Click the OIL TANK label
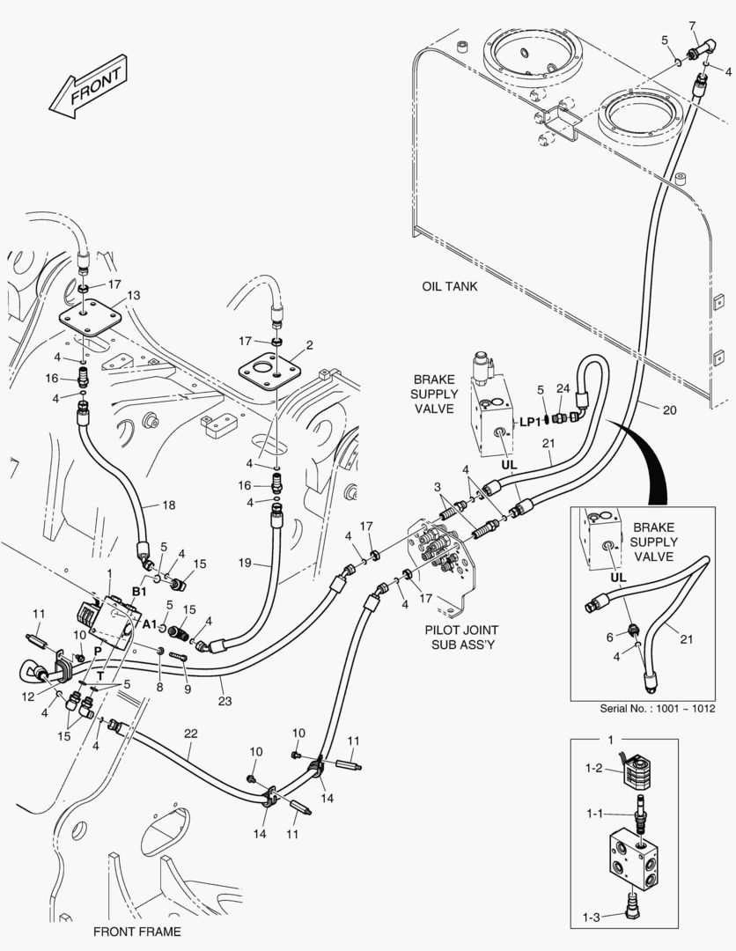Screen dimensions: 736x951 pyautogui.click(x=449, y=286)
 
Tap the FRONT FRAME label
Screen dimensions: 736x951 pyautogui.click(x=137, y=932)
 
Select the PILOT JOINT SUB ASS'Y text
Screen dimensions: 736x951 pyautogui.click(x=461, y=637)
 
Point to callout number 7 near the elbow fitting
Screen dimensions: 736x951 pyautogui.click(x=692, y=26)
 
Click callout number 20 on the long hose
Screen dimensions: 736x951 pyautogui.click(x=669, y=410)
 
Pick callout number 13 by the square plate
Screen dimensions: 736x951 pyautogui.click(x=133, y=295)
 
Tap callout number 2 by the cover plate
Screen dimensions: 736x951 pyautogui.click(x=310, y=345)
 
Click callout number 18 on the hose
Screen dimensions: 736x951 pyautogui.click(x=168, y=505)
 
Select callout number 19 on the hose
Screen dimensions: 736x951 pyautogui.click(x=245, y=563)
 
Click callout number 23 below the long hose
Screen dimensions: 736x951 pyautogui.click(x=224, y=701)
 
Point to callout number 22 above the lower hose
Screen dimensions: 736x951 pyautogui.click(x=191, y=734)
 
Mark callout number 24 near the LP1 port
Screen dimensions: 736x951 pyautogui.click(x=563, y=389)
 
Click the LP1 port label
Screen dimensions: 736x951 pyautogui.click(x=530, y=422)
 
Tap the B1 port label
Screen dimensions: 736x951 pyautogui.click(x=139, y=591)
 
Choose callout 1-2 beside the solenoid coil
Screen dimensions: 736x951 pyautogui.click(x=593, y=768)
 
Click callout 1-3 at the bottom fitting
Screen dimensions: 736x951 pyautogui.click(x=591, y=918)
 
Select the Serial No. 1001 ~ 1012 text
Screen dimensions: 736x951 pyautogui.click(x=658, y=708)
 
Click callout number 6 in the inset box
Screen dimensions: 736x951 pyautogui.click(x=610, y=637)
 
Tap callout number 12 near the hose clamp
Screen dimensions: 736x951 pyautogui.click(x=28, y=697)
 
